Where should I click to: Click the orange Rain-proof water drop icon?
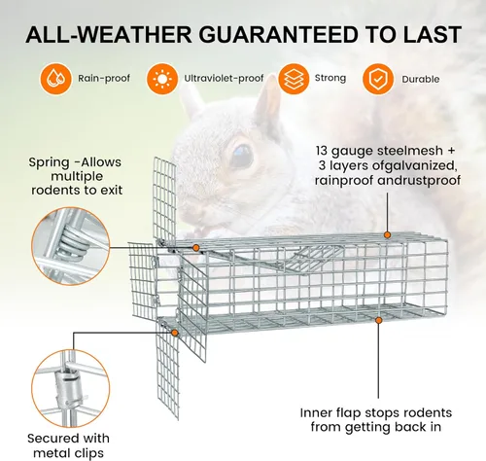55,79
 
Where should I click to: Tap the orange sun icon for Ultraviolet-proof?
162,79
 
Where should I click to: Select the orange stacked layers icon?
294,79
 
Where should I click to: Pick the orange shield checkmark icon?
378,79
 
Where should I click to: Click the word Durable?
421,79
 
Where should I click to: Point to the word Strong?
330,78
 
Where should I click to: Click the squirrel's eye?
241,156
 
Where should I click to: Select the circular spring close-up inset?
71,246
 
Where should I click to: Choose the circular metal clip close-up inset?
71,388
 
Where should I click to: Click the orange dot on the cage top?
387,235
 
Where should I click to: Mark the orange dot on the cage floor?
378,320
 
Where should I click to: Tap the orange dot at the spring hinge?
195,248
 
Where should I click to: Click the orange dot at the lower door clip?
175,333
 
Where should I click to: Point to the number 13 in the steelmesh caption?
322,151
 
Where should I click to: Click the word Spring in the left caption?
49,162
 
